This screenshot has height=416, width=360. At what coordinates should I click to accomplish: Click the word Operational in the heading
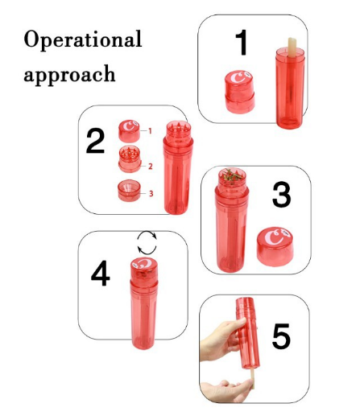pos(83,39)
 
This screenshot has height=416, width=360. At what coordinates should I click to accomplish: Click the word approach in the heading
pos(69,75)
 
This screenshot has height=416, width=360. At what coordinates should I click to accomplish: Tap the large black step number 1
pos(242,43)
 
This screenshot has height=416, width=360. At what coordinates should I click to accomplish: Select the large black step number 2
pos(95,141)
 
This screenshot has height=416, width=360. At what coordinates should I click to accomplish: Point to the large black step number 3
pos(281,195)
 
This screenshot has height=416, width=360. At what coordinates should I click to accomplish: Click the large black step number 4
pos(101,273)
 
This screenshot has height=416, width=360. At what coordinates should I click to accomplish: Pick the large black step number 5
pos(281,336)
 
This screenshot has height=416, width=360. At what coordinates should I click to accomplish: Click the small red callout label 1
pos(150,131)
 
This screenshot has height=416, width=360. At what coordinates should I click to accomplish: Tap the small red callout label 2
pos(151,167)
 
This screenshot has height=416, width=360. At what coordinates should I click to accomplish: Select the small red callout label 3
pos(151,193)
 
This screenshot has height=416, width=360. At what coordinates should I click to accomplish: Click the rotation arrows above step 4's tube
pos(147,242)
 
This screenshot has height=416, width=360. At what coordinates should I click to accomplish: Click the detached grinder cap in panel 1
pos(239,92)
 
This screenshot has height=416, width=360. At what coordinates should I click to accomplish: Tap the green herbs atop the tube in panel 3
pos(232,176)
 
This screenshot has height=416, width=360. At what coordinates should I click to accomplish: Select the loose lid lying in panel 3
pos(275,247)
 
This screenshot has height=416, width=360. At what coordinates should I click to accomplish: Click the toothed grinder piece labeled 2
pos(130,159)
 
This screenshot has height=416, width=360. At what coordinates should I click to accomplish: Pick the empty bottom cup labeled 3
pos(129,191)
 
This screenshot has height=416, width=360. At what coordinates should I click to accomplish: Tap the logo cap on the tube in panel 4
pos(144,268)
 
